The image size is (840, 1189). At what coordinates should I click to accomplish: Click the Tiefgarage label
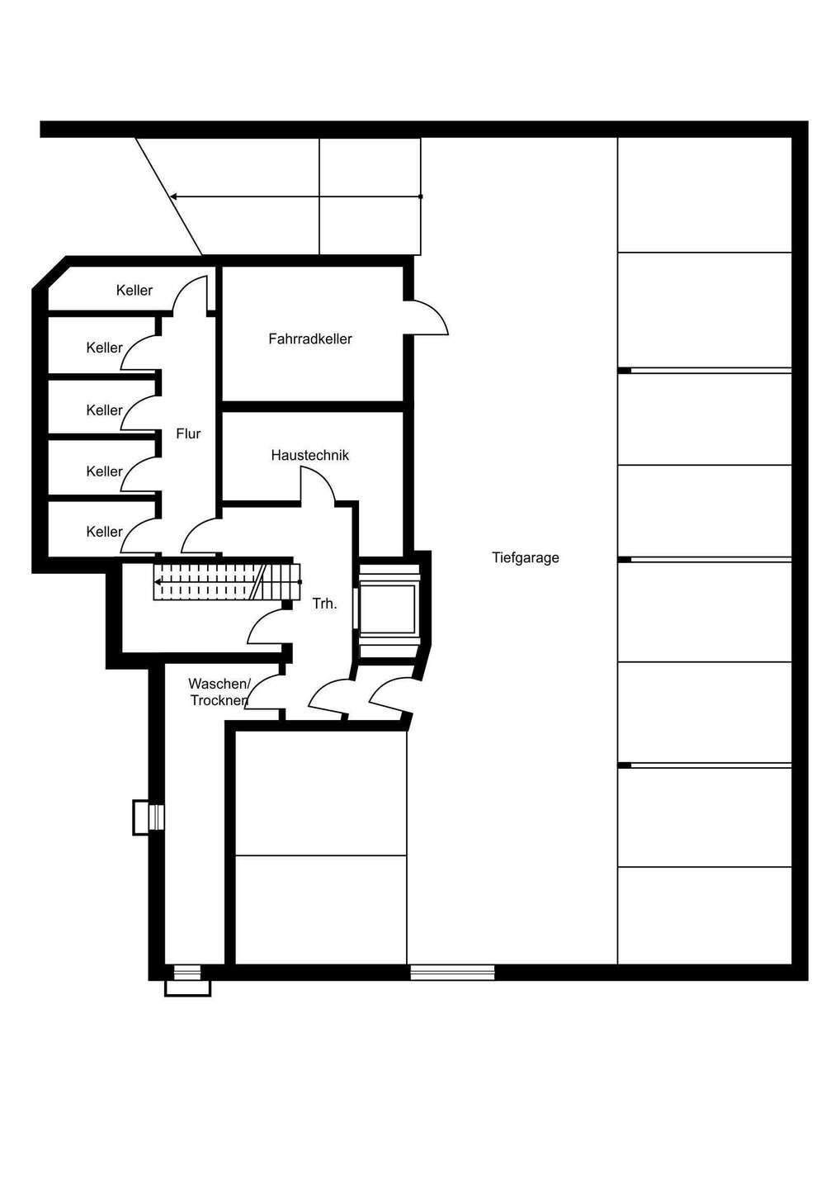[525, 558]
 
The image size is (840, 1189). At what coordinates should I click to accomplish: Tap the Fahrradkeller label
[310, 339]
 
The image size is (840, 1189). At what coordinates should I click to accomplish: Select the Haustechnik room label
[310, 455]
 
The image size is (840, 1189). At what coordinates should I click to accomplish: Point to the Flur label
[188, 433]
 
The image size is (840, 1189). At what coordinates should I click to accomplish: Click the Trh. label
[324, 604]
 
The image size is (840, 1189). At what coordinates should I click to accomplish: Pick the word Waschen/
[219, 684]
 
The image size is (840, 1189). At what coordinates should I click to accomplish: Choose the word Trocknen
[219, 701]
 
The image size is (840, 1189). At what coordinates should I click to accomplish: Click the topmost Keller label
[134, 291]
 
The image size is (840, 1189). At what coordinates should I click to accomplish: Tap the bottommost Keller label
[105, 532]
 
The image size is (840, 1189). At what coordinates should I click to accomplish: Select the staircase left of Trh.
[227, 582]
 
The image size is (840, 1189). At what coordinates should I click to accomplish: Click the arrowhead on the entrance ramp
[173, 197]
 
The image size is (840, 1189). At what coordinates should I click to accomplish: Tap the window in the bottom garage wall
[452, 973]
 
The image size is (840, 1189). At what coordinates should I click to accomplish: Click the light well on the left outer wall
[148, 817]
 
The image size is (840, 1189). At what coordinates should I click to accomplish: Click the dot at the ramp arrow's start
[421, 197]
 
